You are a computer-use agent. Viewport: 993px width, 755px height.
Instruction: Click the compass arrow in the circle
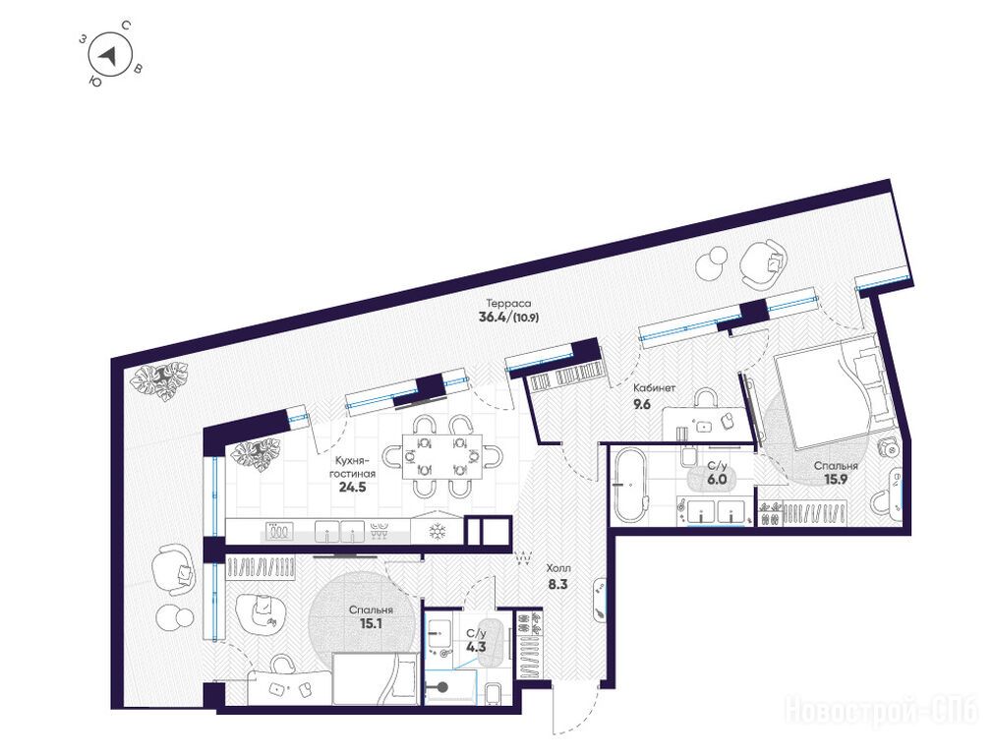coord(109,56)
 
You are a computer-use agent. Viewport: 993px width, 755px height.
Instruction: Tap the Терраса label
coord(508,303)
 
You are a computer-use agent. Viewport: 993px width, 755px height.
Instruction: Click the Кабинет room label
coord(654,388)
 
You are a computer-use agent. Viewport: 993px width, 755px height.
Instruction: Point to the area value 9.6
coord(642,404)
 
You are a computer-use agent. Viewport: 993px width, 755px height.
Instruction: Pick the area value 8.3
coord(557,585)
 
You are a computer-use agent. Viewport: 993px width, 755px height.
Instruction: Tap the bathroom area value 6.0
coord(717,480)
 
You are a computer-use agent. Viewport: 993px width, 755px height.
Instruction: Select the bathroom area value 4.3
coord(476,647)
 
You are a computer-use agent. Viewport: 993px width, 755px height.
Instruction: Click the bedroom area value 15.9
coord(836,480)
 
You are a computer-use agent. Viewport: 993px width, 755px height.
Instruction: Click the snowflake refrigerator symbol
coord(438,532)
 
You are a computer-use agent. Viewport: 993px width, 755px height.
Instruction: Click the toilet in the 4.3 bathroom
coord(493,693)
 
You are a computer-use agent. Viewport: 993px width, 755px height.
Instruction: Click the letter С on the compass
coord(126,26)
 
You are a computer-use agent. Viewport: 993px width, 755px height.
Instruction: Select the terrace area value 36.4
coord(494,318)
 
